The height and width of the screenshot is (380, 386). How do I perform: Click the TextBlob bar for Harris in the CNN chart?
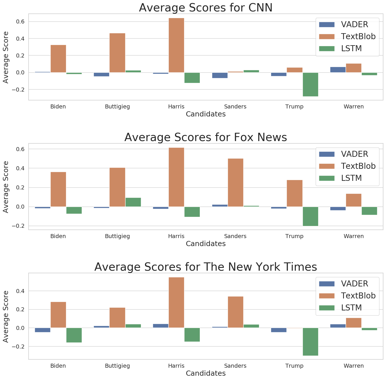tap(176, 45)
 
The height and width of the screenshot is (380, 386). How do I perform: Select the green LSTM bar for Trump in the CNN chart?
tap(310, 84)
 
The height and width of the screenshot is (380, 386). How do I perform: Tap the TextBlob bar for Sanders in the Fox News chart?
tap(235, 183)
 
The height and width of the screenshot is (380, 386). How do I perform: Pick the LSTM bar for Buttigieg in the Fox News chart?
tap(133, 202)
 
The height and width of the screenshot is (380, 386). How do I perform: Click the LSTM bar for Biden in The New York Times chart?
tap(74, 335)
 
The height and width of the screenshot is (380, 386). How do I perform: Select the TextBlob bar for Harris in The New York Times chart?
tap(176, 302)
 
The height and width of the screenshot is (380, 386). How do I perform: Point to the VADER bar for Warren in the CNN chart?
tap(338, 70)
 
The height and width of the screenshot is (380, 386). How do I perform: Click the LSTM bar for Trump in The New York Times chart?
tap(310, 342)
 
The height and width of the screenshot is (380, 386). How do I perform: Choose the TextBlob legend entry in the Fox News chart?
tap(347, 166)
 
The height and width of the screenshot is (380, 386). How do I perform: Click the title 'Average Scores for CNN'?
tap(206, 8)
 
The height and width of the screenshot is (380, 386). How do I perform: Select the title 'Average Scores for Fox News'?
tap(206, 137)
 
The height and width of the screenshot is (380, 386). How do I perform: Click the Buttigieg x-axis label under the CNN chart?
tap(117, 107)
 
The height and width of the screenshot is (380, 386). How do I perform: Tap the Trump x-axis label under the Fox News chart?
tap(294, 236)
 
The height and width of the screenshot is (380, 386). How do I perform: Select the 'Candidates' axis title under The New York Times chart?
tap(206, 373)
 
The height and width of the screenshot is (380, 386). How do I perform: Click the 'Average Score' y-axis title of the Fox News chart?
tap(6, 187)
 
